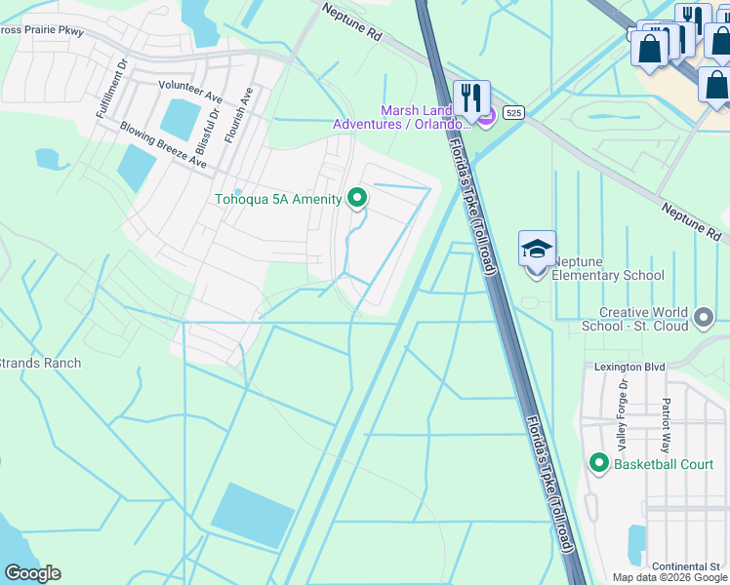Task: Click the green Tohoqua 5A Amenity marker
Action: coord(357,198)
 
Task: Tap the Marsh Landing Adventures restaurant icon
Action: coord(471,97)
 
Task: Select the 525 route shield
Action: coord(514,114)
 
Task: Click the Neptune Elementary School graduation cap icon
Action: coord(537,250)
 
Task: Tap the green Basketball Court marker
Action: coord(600,463)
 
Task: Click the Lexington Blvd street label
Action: coord(629,367)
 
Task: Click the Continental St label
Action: coord(686,566)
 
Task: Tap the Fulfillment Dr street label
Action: coord(110,90)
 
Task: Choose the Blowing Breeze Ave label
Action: coord(163,144)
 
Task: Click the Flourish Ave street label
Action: coord(239,116)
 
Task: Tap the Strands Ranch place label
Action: coord(40,363)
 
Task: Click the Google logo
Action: coord(32,573)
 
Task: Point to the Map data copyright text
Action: coord(669,577)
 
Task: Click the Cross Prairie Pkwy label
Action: coord(42,31)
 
